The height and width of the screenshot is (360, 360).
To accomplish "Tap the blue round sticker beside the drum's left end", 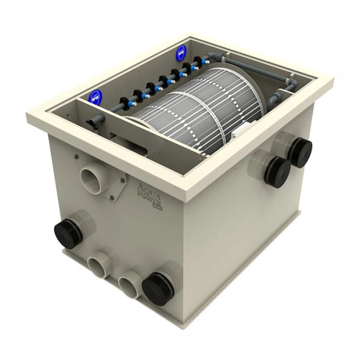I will click(x=94, y=97).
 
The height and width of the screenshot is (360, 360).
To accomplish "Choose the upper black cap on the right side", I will click(x=298, y=151).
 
